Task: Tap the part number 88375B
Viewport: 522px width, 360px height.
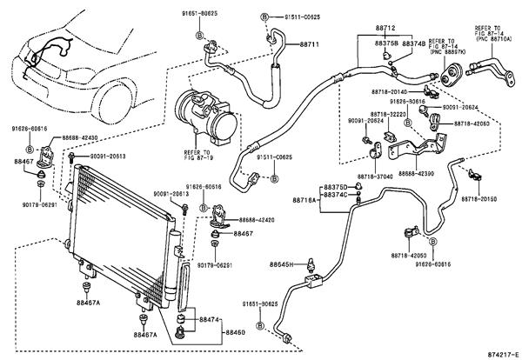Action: click(x=387, y=43)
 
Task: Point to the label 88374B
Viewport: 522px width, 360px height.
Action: click(x=413, y=43)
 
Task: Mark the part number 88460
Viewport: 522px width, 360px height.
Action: click(x=237, y=332)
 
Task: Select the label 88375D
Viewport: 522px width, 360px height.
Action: click(x=335, y=187)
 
